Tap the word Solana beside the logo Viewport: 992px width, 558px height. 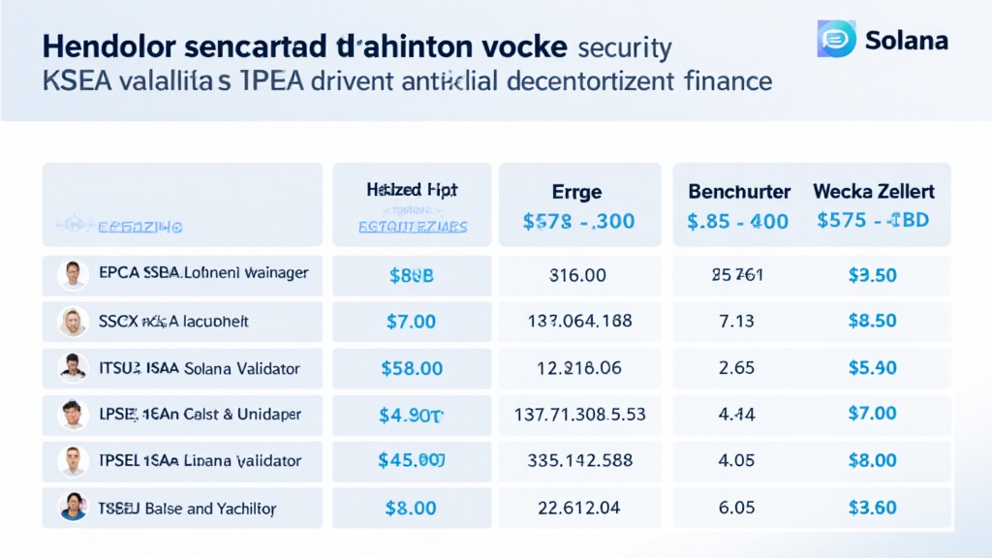pos(908,42)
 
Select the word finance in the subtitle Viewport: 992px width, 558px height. pos(719,81)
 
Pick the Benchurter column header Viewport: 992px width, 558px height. pos(738,192)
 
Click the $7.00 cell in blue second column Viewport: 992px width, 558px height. pos(411,322)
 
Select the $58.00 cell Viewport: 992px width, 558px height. pos(411,368)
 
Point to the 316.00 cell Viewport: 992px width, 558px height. pos(577,275)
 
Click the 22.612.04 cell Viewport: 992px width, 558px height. pos(577,508)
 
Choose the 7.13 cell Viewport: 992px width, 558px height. pos(738,322)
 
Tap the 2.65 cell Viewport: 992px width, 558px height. pos(738,368)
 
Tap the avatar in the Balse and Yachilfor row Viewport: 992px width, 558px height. pos(72,507)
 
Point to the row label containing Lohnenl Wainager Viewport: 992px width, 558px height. pos(203,274)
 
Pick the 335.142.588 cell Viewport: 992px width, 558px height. pos(577,461)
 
